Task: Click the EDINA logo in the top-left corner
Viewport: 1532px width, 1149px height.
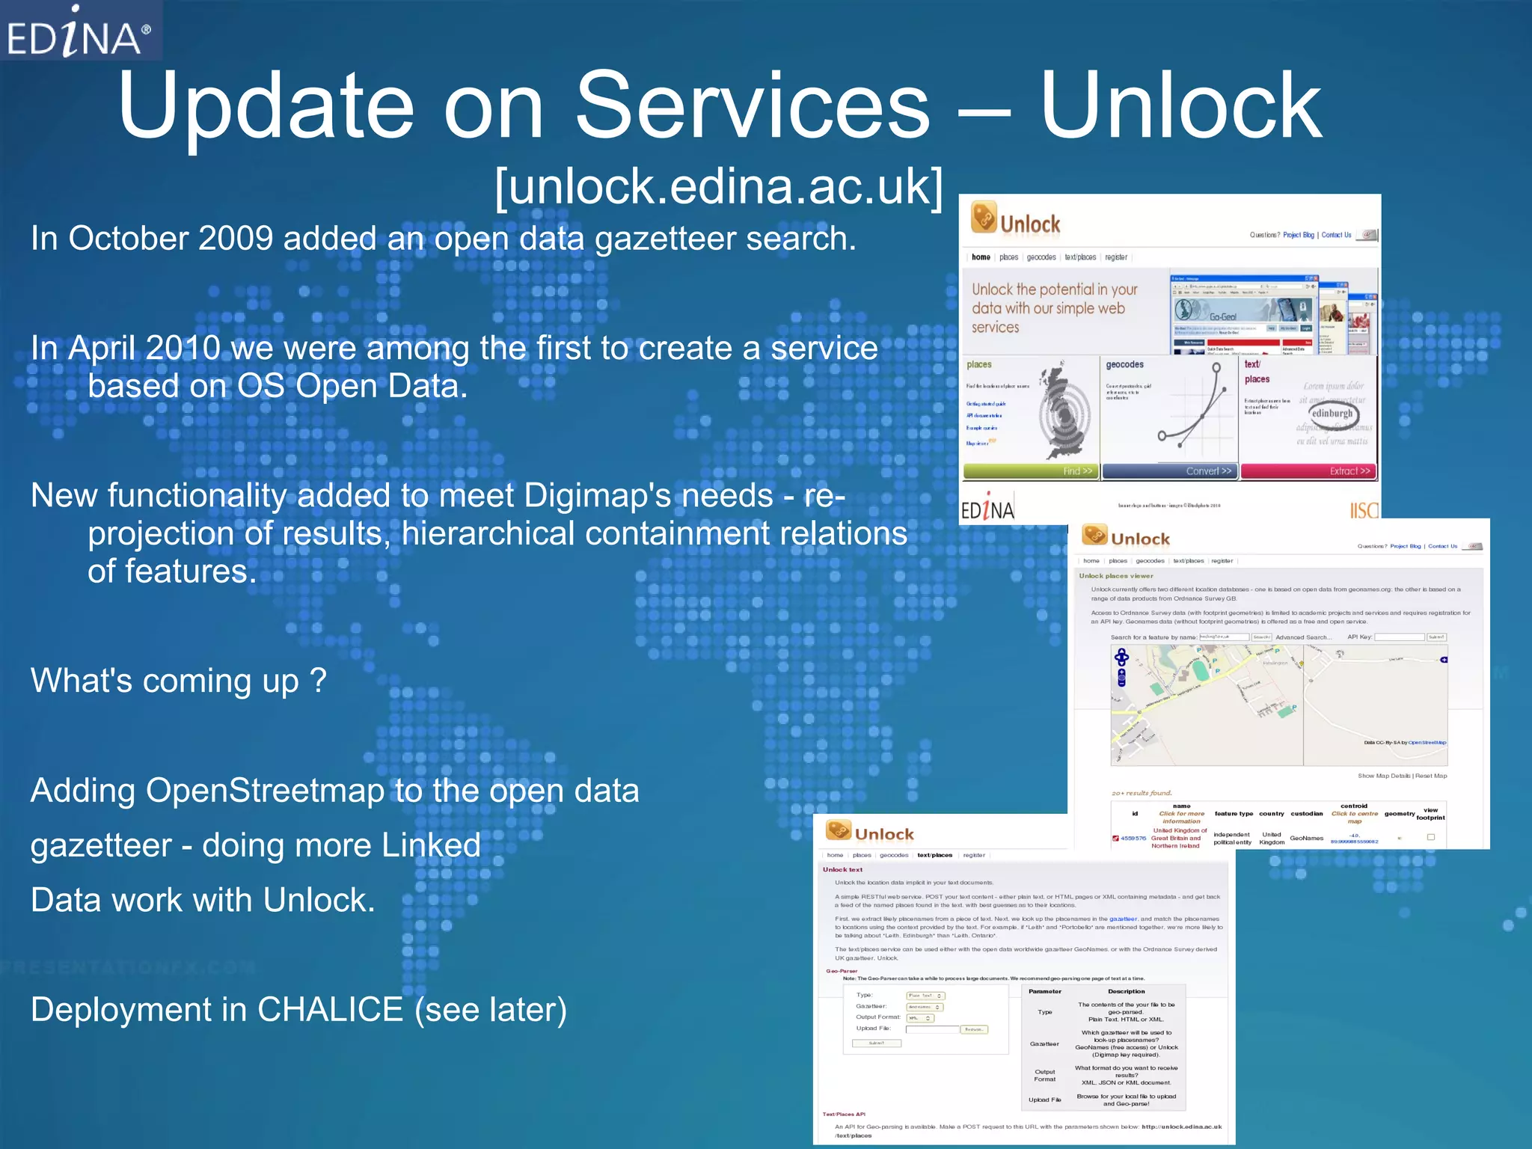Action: pyautogui.click(x=79, y=32)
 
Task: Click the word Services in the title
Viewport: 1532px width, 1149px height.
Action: pyautogui.click(x=752, y=106)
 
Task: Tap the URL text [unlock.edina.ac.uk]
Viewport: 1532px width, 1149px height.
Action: pyautogui.click(x=719, y=186)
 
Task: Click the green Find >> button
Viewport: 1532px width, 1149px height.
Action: pyautogui.click(x=1030, y=471)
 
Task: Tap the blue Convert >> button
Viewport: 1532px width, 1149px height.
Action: pyautogui.click(x=1169, y=471)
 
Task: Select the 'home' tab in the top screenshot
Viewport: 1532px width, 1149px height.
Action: pyautogui.click(x=981, y=257)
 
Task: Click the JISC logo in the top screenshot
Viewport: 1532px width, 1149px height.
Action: pyautogui.click(x=1363, y=510)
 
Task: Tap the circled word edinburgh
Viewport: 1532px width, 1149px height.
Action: pyautogui.click(x=1332, y=413)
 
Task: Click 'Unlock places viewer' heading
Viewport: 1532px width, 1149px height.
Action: pyautogui.click(x=1115, y=576)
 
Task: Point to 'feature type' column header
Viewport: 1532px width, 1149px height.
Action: pyautogui.click(x=1234, y=813)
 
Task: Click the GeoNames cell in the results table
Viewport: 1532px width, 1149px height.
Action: pyautogui.click(x=1306, y=838)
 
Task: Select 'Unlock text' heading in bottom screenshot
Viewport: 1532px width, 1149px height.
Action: pyautogui.click(x=842, y=869)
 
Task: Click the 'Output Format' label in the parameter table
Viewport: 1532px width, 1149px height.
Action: pyautogui.click(x=1044, y=1076)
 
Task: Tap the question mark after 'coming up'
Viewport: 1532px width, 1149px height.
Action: pyautogui.click(x=318, y=681)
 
